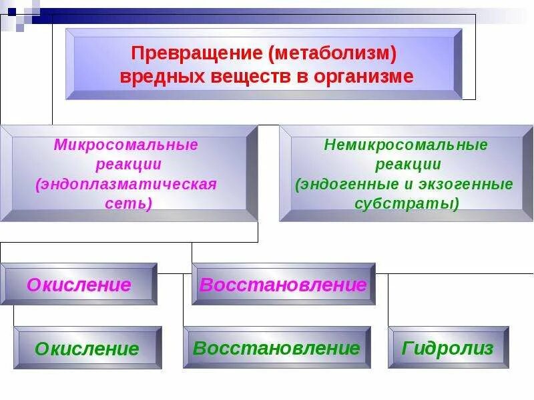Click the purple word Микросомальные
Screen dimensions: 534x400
[126, 145]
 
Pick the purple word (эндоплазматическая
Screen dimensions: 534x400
[126, 184]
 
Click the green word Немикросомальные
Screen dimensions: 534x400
[406, 145]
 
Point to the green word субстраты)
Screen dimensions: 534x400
[407, 203]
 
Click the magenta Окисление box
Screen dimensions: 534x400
[79, 285]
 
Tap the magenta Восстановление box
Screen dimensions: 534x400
[283, 285]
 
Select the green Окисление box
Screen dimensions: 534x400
[87, 348]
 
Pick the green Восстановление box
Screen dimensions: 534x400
[276, 347]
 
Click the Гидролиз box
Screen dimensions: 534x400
[448, 347]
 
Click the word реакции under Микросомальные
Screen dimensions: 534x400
[127, 164]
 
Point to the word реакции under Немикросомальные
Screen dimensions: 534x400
[407, 164]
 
